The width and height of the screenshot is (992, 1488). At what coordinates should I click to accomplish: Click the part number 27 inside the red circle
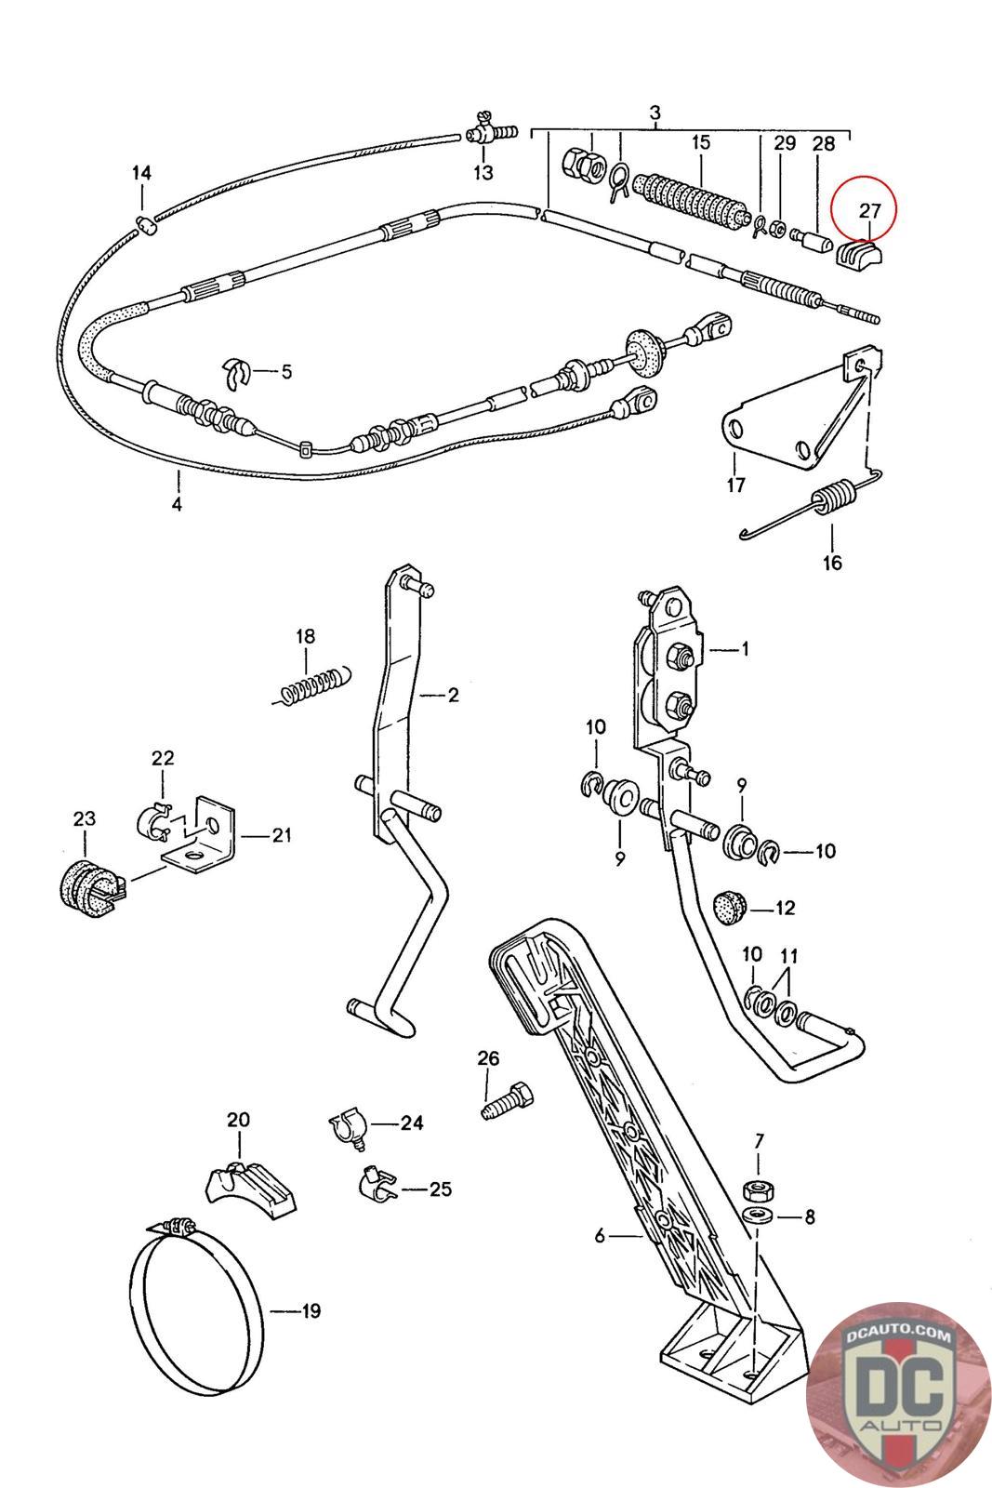coord(868,210)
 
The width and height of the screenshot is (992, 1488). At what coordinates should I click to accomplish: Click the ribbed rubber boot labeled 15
coord(694,202)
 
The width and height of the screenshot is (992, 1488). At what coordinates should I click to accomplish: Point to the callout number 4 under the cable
coord(176,503)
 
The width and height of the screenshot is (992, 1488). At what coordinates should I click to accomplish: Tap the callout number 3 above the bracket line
coord(655,112)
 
